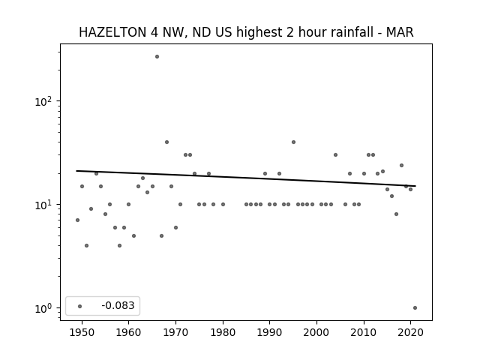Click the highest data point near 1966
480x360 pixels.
point(157,57)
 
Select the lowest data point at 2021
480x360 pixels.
point(415,308)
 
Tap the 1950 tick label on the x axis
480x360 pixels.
point(82,332)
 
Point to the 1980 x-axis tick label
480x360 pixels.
point(223,332)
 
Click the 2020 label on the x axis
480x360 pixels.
point(410,332)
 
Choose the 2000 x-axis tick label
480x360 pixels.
point(316,332)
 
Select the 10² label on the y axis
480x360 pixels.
point(43,102)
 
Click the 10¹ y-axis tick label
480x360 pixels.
point(43,205)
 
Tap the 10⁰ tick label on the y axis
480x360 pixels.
point(43,308)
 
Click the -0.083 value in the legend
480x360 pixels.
point(118,305)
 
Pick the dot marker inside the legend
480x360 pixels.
point(80,306)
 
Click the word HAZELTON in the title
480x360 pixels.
point(112,32)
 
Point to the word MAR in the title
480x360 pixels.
point(400,32)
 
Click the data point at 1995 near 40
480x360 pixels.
point(293,142)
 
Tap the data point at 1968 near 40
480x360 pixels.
point(166,142)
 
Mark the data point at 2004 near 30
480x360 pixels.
point(335,155)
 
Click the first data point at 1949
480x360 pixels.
point(77,220)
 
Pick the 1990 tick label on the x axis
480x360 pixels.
point(270,332)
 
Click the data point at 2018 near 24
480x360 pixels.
point(402,165)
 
